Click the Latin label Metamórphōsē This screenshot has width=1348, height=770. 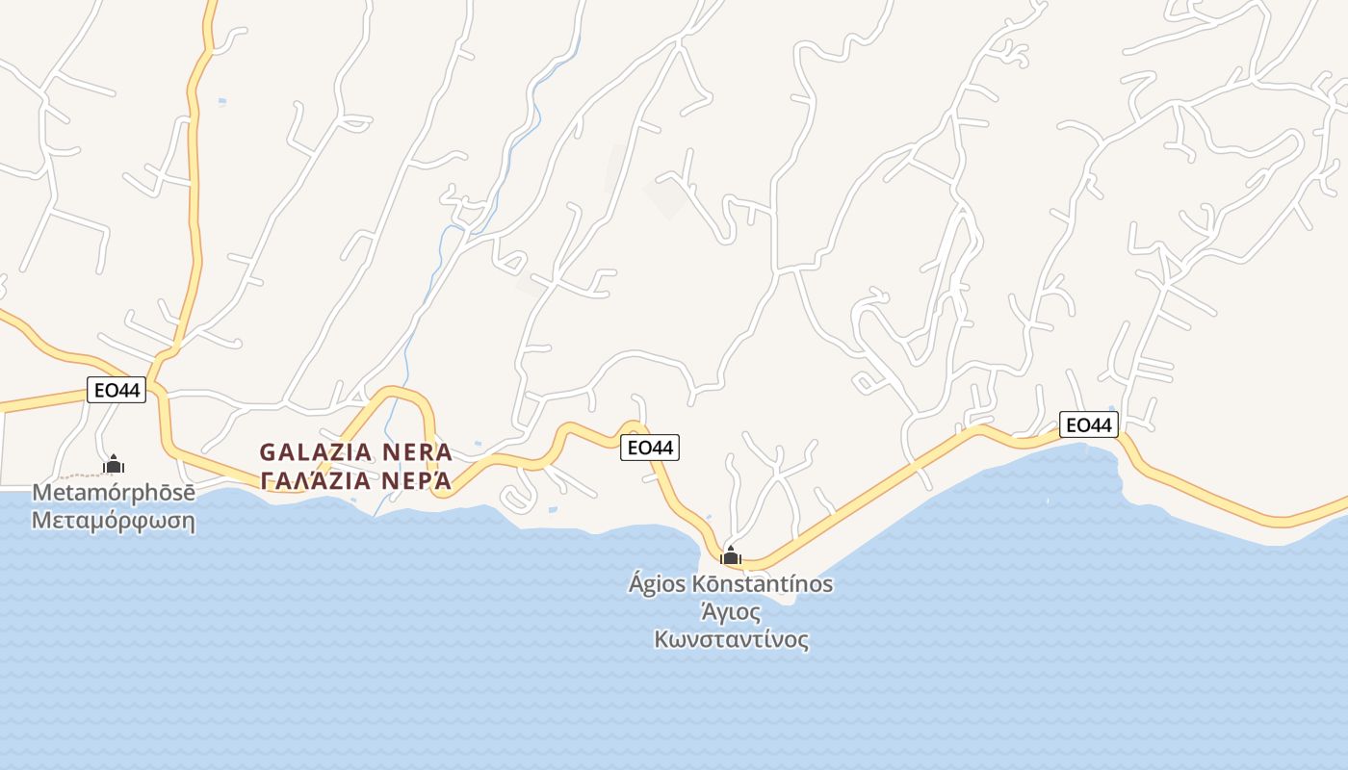pyautogui.click(x=114, y=494)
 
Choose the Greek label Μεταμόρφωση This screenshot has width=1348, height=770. pyautogui.click(x=114, y=522)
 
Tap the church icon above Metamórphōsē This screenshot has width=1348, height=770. pyautogui.click(x=114, y=465)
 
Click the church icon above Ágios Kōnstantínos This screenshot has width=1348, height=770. pyautogui.click(x=731, y=555)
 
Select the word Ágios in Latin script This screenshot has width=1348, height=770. pyautogui.click(x=657, y=583)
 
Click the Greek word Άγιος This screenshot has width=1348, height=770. pyautogui.click(x=731, y=612)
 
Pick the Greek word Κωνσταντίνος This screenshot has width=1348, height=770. pyautogui.click(x=731, y=640)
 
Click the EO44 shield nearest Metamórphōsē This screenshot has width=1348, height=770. pyautogui.click(x=117, y=390)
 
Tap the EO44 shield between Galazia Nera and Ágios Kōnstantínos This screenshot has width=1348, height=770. pyautogui.click(x=650, y=447)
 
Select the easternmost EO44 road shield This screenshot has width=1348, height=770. pyautogui.click(x=1088, y=424)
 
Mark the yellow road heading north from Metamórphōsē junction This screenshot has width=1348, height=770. pyautogui.click(x=195, y=192)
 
